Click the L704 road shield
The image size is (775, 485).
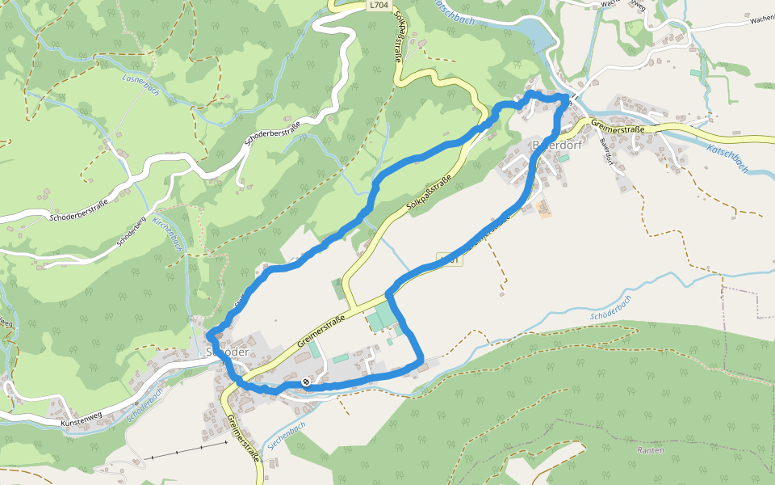pos(377,5)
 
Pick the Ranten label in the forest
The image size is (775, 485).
pos(651,449)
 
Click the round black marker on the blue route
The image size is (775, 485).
pos(306,382)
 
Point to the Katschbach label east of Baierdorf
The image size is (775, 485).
pos(727,158)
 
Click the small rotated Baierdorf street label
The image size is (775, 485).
pos(607,152)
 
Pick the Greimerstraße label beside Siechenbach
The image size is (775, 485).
pos(245,437)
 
